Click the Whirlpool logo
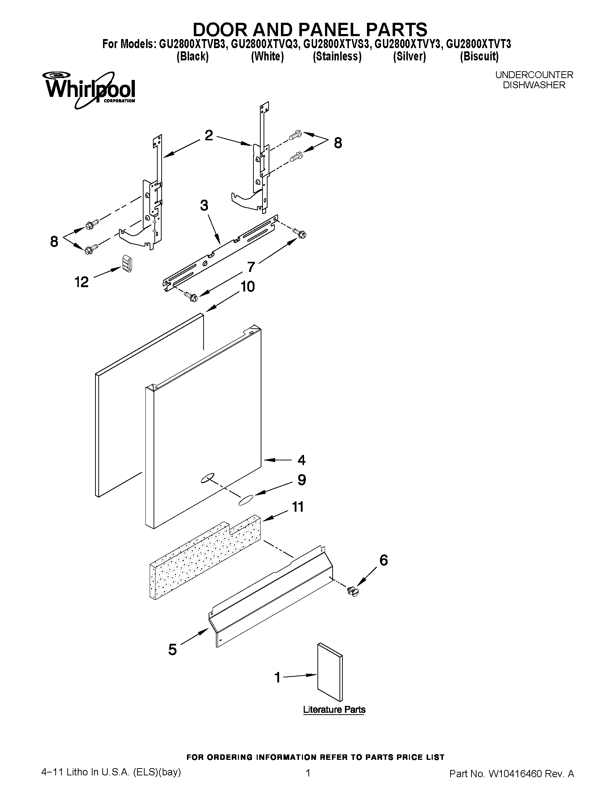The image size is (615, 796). click(89, 90)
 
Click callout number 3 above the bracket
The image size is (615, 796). click(204, 205)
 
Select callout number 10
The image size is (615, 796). click(247, 286)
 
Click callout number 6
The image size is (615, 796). click(384, 560)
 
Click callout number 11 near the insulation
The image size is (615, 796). click(298, 507)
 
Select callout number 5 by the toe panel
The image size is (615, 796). click(172, 649)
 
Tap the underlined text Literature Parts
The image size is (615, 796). click(334, 709)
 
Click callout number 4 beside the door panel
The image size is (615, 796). click(301, 460)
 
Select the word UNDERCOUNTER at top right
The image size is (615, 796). click(534, 75)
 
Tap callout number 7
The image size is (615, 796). click(251, 267)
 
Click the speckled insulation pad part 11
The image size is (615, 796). click(204, 561)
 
